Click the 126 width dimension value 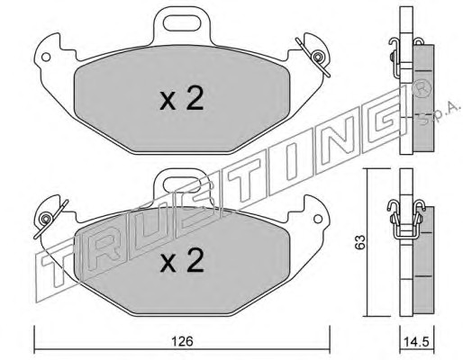tap(182, 341)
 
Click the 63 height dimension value tap(359, 242)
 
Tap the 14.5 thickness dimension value tap(417, 342)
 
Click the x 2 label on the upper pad tap(182, 98)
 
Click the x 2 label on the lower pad tap(182, 260)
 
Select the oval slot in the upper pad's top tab tap(182, 23)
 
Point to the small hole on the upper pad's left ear tap(46, 57)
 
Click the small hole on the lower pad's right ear tap(318, 219)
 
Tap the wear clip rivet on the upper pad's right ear tap(317, 57)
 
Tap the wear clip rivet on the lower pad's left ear tap(46, 219)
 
